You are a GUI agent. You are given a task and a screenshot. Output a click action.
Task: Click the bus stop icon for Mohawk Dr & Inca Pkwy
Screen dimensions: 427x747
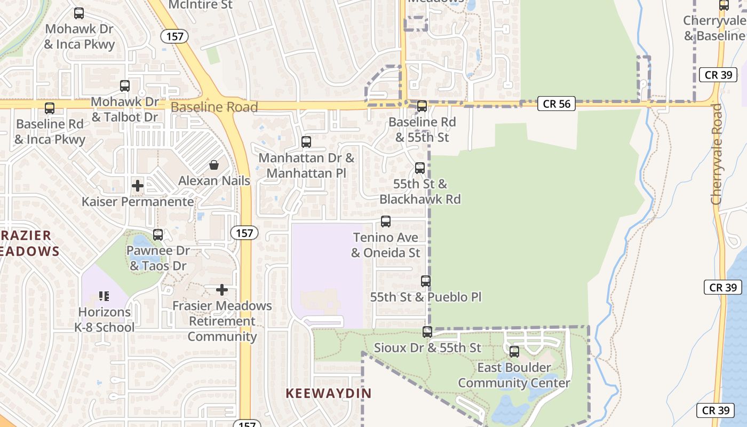[x=79, y=13]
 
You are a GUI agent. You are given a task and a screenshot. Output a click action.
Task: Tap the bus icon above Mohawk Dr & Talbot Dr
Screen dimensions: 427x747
[x=125, y=85]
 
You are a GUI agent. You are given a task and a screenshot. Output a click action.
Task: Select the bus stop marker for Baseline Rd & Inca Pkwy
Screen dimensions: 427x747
[x=50, y=108]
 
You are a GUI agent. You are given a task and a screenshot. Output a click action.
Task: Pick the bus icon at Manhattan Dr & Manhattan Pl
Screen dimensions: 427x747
[x=306, y=142]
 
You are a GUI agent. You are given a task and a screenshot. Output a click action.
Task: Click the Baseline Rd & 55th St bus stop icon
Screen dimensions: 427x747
[x=422, y=106]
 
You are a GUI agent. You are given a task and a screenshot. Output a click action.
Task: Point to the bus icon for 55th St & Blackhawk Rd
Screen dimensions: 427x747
[x=420, y=168]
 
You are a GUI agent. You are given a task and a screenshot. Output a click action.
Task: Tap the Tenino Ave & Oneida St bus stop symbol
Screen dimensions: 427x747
[x=386, y=222]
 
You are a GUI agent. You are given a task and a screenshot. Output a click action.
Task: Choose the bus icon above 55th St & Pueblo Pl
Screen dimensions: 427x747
[x=426, y=281]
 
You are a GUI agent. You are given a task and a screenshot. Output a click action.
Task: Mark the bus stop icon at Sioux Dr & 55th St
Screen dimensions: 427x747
[x=427, y=332]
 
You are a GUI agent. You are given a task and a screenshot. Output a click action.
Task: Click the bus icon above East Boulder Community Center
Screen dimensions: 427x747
[x=514, y=352]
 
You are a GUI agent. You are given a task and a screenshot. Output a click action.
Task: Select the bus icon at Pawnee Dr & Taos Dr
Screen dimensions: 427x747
[x=158, y=234]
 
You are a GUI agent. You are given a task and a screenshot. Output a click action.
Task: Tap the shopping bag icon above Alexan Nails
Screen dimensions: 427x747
[x=214, y=165]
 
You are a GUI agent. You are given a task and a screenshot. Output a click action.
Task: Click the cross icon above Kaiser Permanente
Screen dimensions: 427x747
[x=138, y=186]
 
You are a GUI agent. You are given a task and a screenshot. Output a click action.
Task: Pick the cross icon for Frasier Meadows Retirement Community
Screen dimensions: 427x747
[x=222, y=290]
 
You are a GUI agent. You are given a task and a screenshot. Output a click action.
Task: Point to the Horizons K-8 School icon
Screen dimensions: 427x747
[x=104, y=296]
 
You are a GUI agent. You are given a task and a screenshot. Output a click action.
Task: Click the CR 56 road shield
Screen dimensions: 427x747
[x=557, y=104]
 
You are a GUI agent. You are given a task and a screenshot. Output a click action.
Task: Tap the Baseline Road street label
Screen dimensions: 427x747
[x=214, y=107]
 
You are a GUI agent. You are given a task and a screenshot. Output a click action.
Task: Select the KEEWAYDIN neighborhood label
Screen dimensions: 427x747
[x=329, y=393]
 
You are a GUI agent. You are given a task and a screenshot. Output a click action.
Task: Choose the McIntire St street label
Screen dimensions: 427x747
[x=201, y=5]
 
